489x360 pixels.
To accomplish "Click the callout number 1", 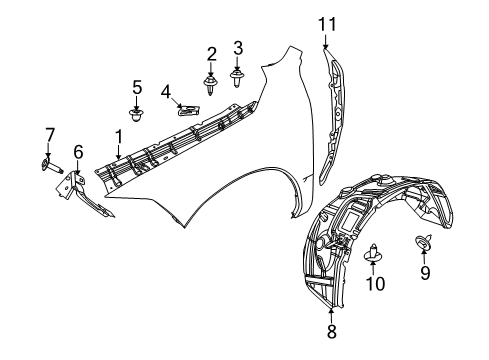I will pos(118,136).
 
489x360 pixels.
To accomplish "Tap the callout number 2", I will pos(211,53).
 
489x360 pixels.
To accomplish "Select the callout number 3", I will pos(238,47).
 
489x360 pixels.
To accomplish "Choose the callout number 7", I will pos(47,135).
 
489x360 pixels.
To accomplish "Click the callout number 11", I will pos(323,23).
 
